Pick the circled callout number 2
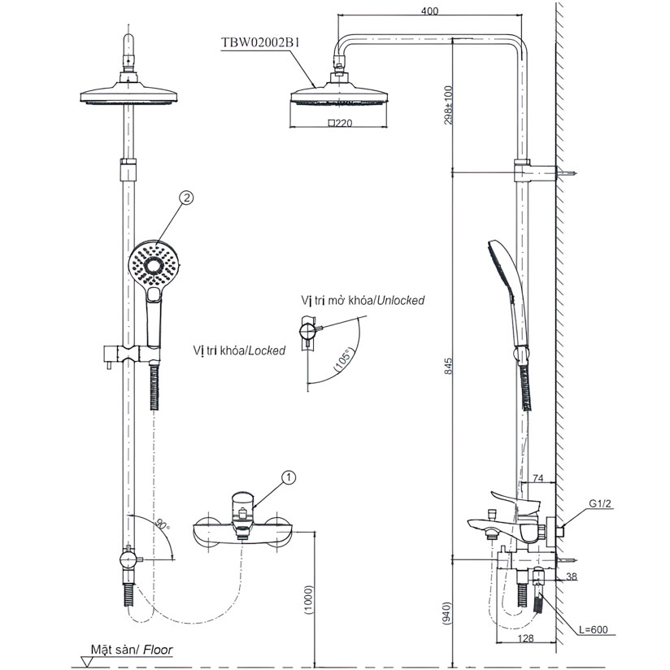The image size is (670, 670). pyautogui.click(x=187, y=198)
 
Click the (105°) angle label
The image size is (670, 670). pyautogui.click(x=344, y=362)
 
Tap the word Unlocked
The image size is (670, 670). pyautogui.click(x=399, y=301)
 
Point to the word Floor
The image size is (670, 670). pyautogui.click(x=159, y=650)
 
